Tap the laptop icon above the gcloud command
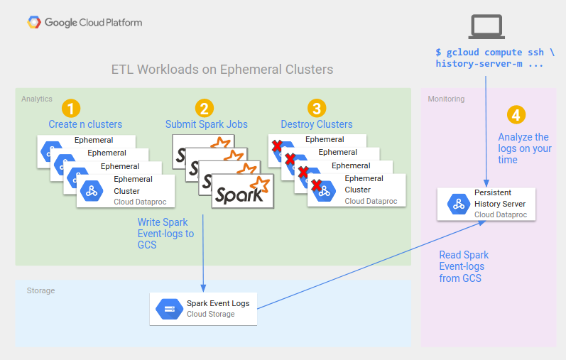pyautogui.click(x=486, y=26)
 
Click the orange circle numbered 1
pyautogui.click(x=71, y=108)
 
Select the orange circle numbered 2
pyautogui.click(x=204, y=108)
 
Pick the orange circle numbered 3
pyautogui.click(x=317, y=108)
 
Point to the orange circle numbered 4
pyautogui.click(x=516, y=114)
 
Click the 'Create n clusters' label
pyautogui.click(x=85, y=124)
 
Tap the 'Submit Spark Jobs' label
pyautogui.click(x=207, y=124)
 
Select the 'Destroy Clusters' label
pyautogui.click(x=317, y=124)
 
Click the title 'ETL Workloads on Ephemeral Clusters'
pyautogui.click(x=222, y=70)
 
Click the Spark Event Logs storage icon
pyautogui.click(x=170, y=309)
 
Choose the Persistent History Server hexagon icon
pyautogui.click(x=457, y=204)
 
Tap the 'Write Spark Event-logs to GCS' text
pyautogui.click(x=165, y=234)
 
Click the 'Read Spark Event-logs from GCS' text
pyautogui.click(x=464, y=266)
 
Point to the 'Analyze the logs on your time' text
pyautogui.click(x=525, y=148)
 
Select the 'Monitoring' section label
pyautogui.click(x=446, y=99)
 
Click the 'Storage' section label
pyautogui.click(x=40, y=290)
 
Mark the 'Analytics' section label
pyautogui.click(x=37, y=99)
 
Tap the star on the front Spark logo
pyautogui.click(x=262, y=186)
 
